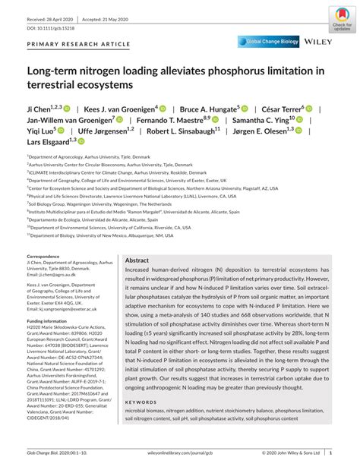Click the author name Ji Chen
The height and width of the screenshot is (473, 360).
41,109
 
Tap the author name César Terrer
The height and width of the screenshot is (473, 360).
302,109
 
